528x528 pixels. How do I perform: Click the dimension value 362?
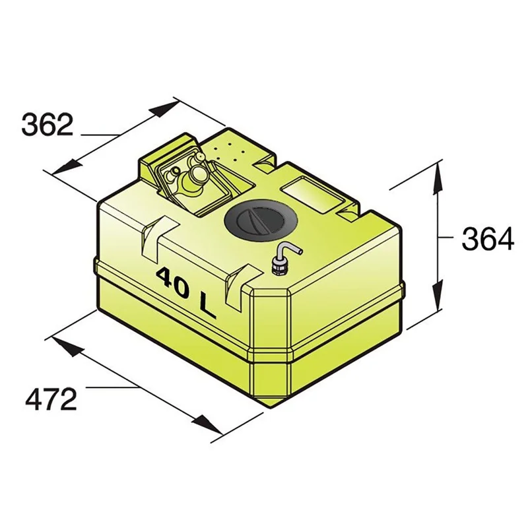(x=47, y=125)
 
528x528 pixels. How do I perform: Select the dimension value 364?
(x=488, y=239)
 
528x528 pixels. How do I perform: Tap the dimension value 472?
(x=51, y=399)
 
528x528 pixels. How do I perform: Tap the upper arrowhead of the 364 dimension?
(x=438, y=178)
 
